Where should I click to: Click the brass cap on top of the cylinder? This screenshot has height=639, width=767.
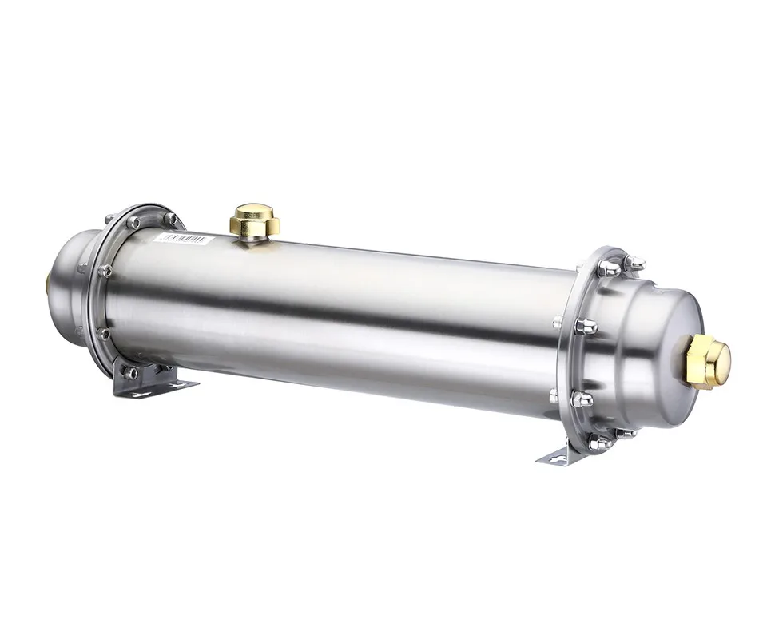[x=254, y=218]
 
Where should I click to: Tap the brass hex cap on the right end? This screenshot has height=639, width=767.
[x=707, y=360]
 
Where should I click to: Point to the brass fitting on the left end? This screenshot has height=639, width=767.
[x=50, y=281]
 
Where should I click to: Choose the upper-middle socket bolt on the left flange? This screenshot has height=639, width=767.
[x=105, y=271]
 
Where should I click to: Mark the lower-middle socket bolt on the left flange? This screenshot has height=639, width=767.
[x=104, y=334]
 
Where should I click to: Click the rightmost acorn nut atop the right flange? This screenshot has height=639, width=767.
[x=635, y=262]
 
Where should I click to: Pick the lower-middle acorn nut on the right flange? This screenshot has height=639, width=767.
[x=582, y=399]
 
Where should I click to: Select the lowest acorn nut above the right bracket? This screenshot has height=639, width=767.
[x=599, y=442]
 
